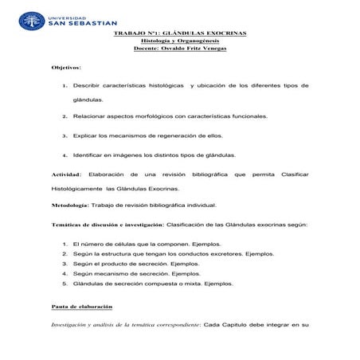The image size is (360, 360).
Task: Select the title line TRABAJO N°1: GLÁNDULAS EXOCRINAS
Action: [180, 33]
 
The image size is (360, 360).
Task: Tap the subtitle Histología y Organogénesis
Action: [180, 41]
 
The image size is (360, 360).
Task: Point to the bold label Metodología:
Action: [72, 205]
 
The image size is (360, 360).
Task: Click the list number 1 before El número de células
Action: [64, 243]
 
